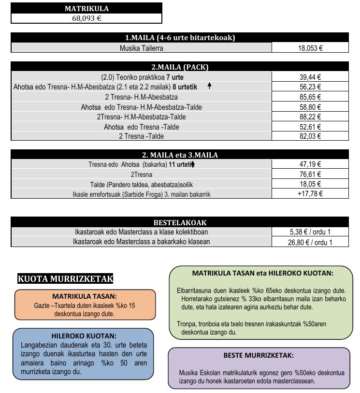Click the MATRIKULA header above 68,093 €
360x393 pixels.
pos(86,9)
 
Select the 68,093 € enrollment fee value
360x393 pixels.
pos(86,19)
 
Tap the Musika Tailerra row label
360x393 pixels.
pos(141,48)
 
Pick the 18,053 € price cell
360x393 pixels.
pos(310,48)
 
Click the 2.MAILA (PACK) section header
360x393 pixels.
pos(180,67)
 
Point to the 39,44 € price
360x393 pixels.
pos(310,77)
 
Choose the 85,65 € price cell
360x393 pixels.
pos(310,97)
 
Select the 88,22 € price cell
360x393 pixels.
pos(310,117)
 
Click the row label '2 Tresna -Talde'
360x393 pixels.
pos(141,136)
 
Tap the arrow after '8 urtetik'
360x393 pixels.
pos(209,86)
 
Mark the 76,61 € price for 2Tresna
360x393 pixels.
pos(310,174)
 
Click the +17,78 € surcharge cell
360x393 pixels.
pos(310,194)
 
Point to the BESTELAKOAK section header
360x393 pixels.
pos(180,222)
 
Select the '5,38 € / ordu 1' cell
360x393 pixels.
pos(310,232)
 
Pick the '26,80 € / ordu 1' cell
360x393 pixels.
pos(310,242)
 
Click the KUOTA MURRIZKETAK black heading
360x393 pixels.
pos(65,279)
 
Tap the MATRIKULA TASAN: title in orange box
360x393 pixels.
pos(84,296)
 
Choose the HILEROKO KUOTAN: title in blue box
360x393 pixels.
pos(83,336)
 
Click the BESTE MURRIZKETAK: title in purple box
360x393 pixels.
pos(258,355)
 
